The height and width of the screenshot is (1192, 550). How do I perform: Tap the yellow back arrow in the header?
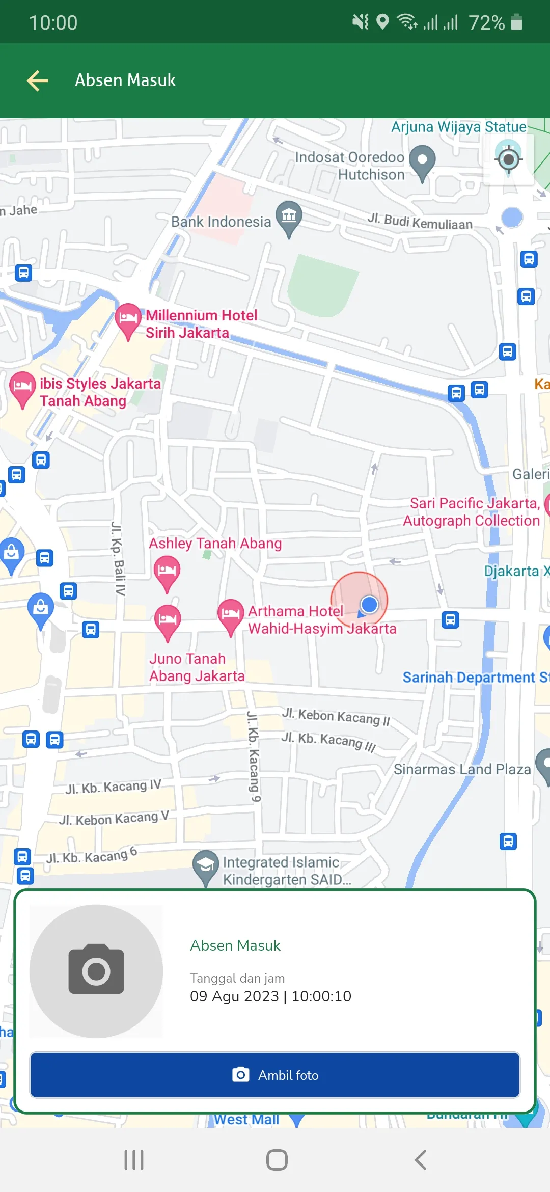click(38, 80)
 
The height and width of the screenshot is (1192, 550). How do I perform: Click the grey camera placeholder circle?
click(96, 971)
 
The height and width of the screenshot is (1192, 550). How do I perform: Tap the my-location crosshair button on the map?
click(508, 159)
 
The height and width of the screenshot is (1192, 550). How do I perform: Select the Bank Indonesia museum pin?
click(289, 218)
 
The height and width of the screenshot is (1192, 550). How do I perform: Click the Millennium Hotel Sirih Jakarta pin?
click(128, 320)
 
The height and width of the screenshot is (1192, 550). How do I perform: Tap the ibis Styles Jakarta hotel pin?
click(22, 388)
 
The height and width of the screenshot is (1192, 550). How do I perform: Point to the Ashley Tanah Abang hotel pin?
click(167, 572)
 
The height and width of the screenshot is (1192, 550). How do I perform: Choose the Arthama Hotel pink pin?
click(231, 615)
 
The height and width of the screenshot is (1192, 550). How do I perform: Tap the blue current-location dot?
click(369, 605)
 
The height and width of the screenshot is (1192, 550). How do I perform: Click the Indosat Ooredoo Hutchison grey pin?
click(422, 161)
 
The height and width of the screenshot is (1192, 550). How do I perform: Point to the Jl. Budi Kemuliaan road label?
click(420, 222)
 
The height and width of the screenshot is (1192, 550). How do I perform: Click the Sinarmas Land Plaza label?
click(462, 769)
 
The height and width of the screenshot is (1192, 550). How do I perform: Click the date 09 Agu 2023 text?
click(234, 996)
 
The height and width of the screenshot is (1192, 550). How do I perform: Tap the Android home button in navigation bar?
click(277, 1160)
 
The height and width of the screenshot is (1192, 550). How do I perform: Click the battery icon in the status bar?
click(516, 22)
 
